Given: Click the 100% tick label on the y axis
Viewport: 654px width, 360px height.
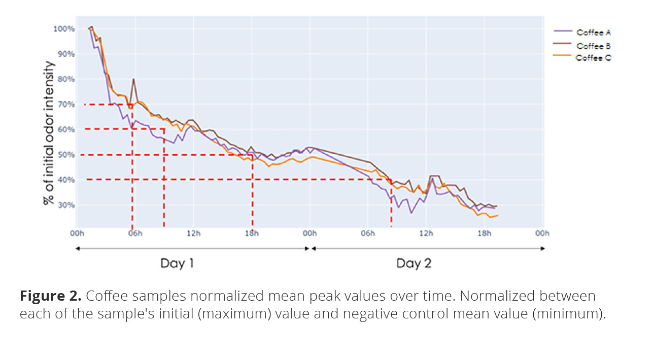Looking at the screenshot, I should pyautogui.click(x=64, y=29).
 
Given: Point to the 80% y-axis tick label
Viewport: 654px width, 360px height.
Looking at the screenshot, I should pyautogui.click(x=65, y=79).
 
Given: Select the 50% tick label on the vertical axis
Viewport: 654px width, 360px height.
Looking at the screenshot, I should pyautogui.click(x=65, y=155).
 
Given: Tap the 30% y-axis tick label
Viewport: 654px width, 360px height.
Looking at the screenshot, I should pyautogui.click(x=65, y=205).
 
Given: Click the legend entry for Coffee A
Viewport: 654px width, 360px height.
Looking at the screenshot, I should pyautogui.click(x=593, y=32).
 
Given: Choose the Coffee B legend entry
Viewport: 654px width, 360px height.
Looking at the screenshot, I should pyautogui.click(x=593, y=46).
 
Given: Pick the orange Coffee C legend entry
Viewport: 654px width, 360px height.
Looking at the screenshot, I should pyautogui.click(x=593, y=58).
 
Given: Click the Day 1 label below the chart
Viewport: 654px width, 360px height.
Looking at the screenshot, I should pyautogui.click(x=177, y=264).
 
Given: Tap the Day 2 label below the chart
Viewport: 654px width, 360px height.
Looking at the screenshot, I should pyautogui.click(x=414, y=264).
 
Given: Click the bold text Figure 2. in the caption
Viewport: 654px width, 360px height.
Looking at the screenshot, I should pyautogui.click(x=50, y=296).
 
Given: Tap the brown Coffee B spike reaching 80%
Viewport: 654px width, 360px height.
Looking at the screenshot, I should pyautogui.click(x=133, y=80).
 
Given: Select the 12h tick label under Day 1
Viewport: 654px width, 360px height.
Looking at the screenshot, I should pyautogui.click(x=193, y=233).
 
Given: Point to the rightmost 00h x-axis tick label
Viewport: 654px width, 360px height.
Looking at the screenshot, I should pyautogui.click(x=542, y=233).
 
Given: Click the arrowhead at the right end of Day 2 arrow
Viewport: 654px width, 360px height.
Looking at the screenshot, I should pyautogui.click(x=543, y=248).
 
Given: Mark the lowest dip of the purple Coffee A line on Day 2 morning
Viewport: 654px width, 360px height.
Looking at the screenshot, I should pyautogui.click(x=411, y=212).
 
